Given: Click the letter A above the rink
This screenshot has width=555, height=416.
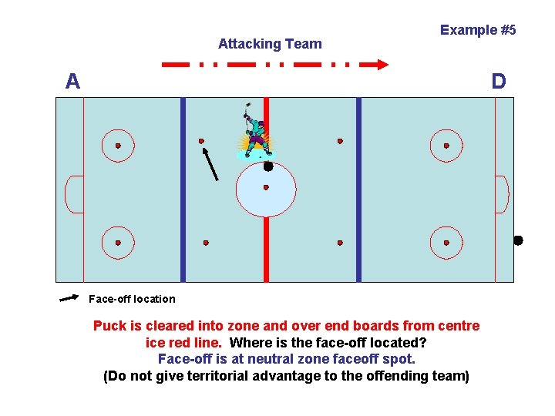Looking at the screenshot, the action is (x=72, y=81).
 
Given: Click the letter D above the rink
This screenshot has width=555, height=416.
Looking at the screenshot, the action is (x=499, y=81).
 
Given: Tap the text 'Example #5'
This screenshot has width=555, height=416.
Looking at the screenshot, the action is (x=478, y=30).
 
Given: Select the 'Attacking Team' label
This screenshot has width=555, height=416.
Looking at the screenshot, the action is (x=270, y=44).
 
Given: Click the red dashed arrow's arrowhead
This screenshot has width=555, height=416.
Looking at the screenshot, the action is (x=381, y=65).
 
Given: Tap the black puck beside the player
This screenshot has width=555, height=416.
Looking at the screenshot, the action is (x=268, y=166).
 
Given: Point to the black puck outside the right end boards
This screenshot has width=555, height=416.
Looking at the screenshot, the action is (x=518, y=240).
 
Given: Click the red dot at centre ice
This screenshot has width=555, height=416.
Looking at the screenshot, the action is (x=266, y=187).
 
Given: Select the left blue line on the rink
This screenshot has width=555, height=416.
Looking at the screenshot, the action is (x=183, y=189).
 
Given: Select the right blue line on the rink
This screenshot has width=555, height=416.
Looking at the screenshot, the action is (x=358, y=189).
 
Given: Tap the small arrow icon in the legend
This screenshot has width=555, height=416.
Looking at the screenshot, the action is (x=69, y=297).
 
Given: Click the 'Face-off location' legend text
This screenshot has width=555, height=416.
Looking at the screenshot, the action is (x=132, y=299).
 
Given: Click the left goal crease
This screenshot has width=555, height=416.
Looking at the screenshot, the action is (x=75, y=194).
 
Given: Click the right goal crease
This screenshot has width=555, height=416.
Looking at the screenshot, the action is (x=500, y=194).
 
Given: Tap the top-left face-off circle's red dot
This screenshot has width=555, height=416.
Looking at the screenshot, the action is (x=118, y=146).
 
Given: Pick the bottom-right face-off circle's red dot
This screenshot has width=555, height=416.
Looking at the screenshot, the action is (x=446, y=243).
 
